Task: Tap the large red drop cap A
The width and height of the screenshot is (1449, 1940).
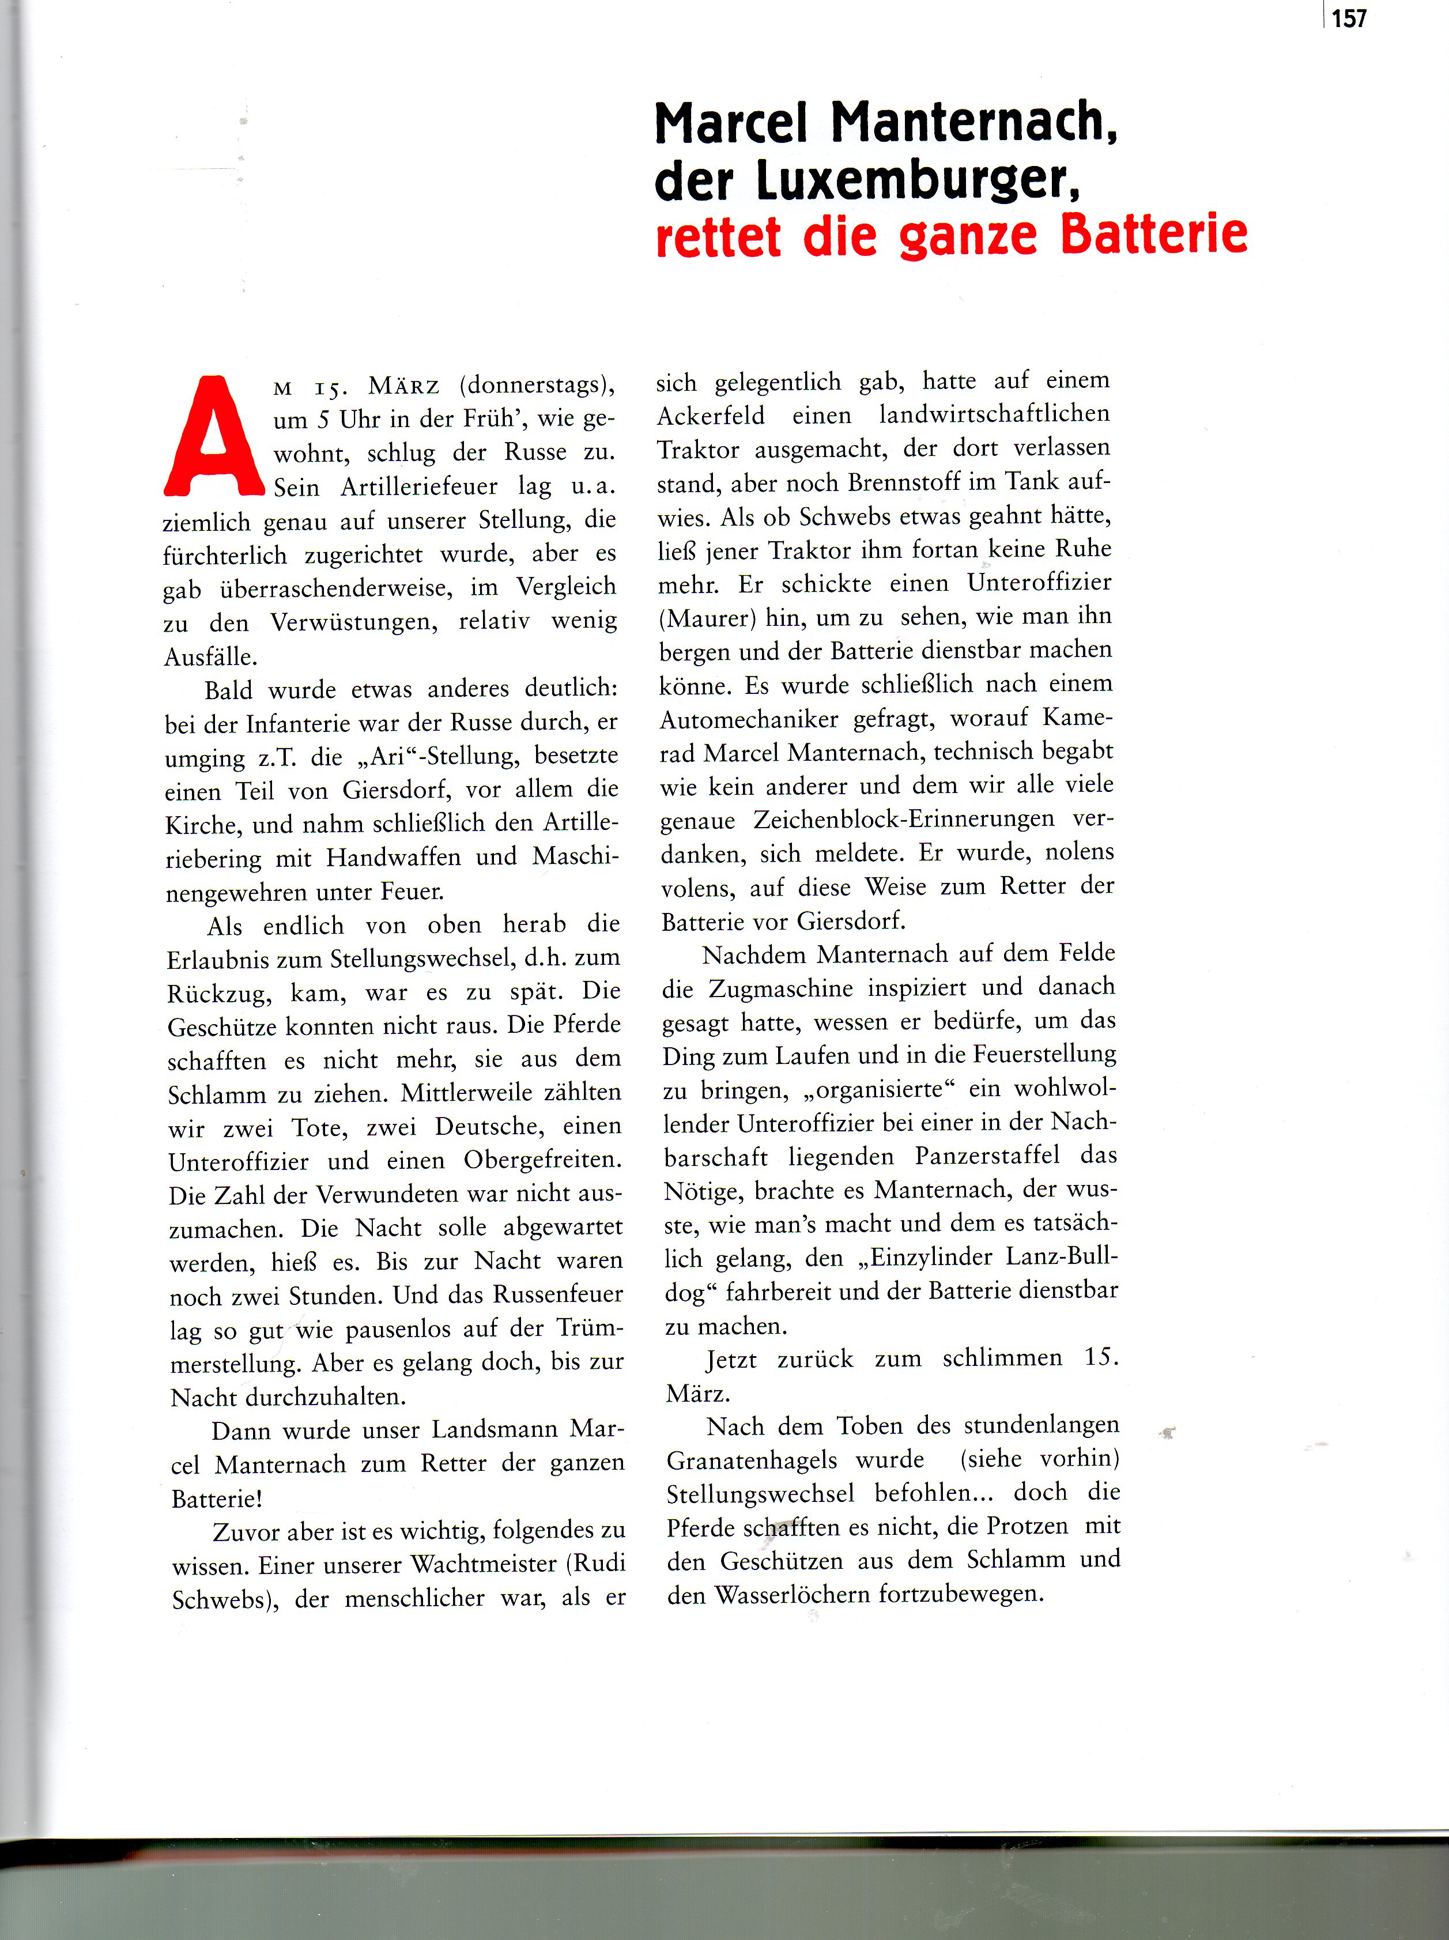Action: coord(214,437)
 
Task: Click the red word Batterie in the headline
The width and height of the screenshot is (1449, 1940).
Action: coord(1153,235)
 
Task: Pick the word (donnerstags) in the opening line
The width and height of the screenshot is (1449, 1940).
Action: coord(537,385)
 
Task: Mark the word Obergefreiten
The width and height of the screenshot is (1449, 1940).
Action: coord(542,1160)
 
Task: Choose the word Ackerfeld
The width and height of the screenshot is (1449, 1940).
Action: coord(711,416)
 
